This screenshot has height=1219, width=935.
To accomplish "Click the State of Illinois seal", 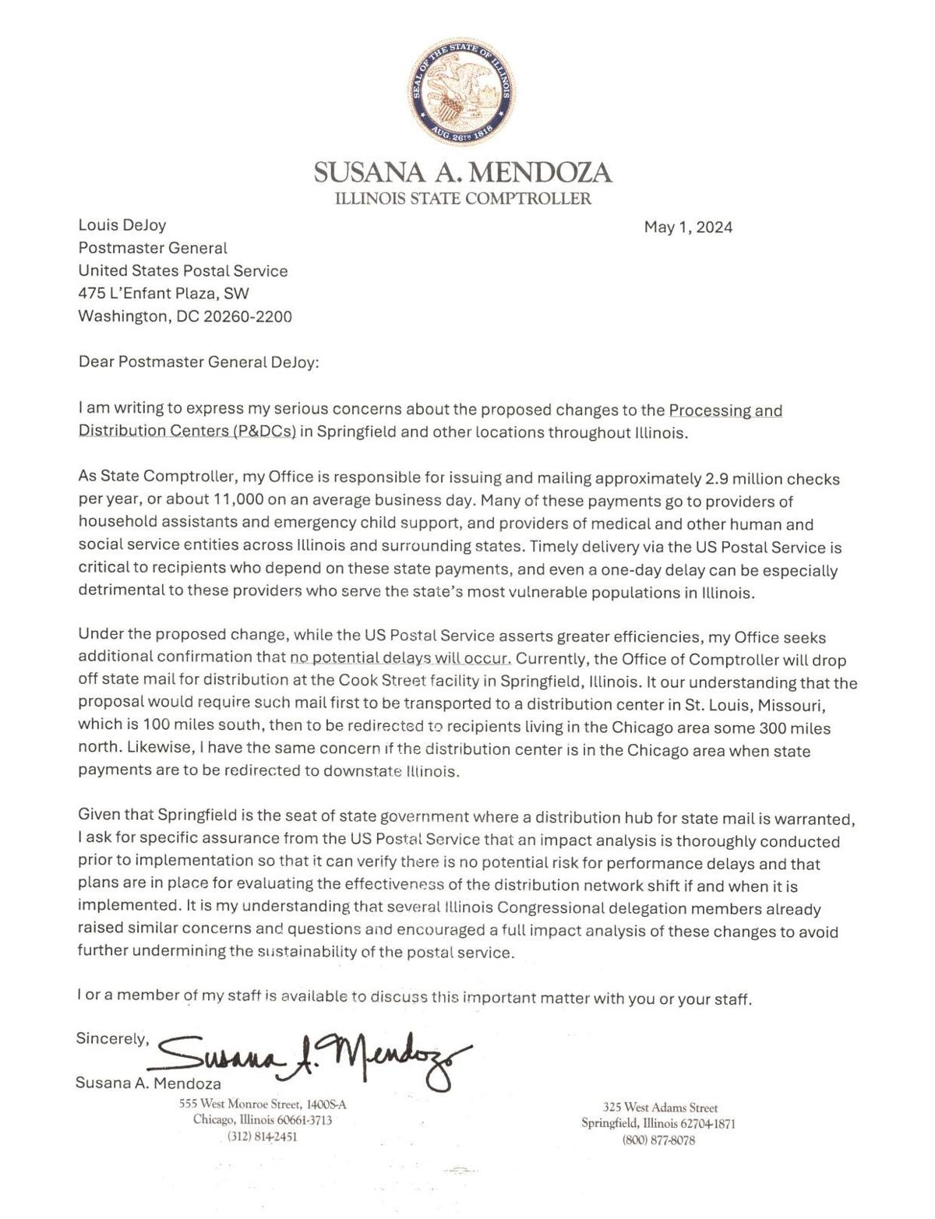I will tap(461, 92).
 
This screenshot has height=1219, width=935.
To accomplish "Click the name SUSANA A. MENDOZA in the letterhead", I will tap(463, 172).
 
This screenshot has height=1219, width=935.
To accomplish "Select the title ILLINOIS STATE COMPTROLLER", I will tap(463, 199).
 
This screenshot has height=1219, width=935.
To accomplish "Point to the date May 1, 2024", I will tap(688, 227).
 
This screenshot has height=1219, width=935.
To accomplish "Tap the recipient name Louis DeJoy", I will tap(122, 225).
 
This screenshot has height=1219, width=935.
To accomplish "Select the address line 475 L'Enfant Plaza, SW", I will tap(164, 294).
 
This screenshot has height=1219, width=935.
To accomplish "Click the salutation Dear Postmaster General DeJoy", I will tap(199, 362).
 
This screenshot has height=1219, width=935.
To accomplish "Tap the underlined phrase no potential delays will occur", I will tap(400, 658).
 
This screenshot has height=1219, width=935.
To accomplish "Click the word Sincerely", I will tap(111, 1038).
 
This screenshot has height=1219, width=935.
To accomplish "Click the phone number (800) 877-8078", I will tap(658, 1140).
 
